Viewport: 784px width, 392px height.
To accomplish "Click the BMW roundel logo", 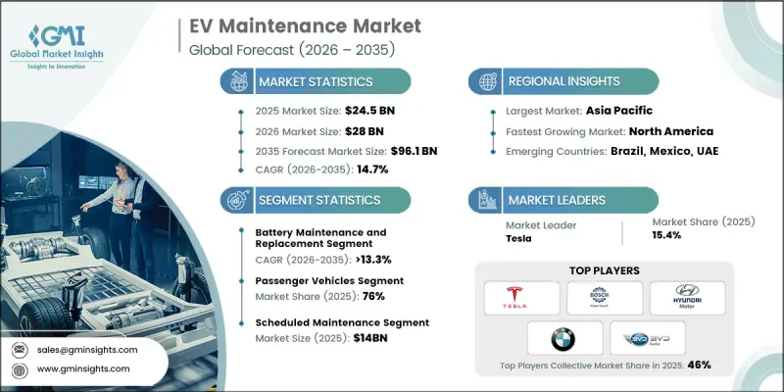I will [563, 338].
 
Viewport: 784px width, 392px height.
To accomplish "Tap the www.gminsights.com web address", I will [85, 368].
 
